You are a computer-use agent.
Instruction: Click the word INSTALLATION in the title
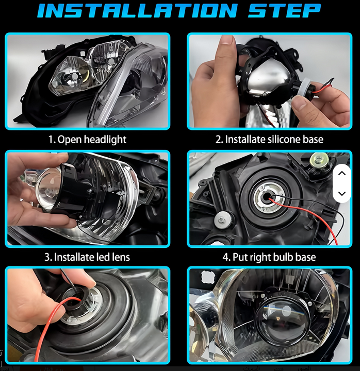click(x=137, y=11)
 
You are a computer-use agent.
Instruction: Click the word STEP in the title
click(x=284, y=11)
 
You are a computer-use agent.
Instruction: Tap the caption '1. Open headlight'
click(x=87, y=140)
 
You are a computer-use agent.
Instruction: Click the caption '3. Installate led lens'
click(x=87, y=257)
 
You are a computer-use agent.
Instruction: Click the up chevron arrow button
click(x=342, y=174)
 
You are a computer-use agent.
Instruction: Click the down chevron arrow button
click(x=342, y=194)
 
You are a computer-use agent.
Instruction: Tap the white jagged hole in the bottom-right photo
click(x=207, y=277)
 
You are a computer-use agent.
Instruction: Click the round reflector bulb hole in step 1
click(x=74, y=77)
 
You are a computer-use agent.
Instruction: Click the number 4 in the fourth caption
click(x=225, y=257)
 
